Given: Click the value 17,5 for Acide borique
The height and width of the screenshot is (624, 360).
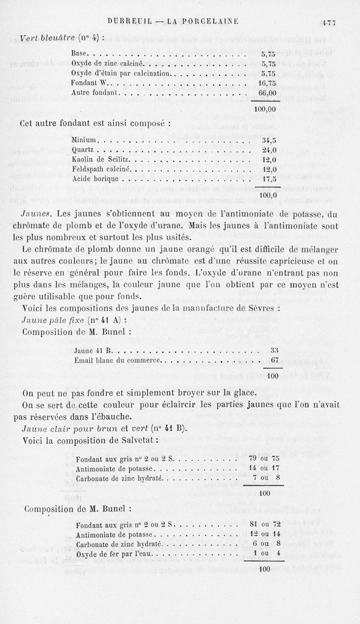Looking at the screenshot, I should pos(269,179).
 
